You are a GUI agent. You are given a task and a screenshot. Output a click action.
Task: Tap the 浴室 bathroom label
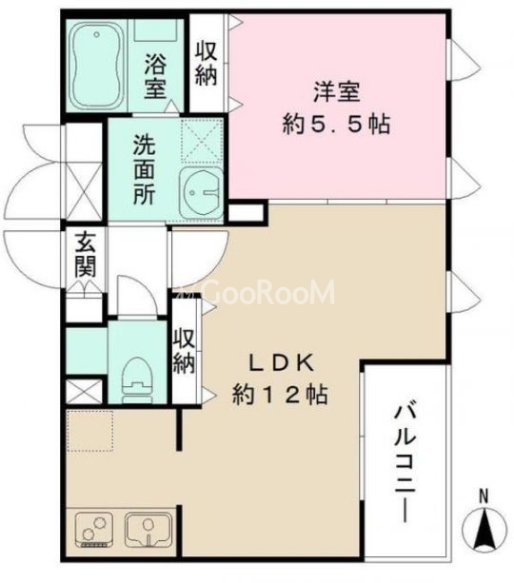point(156,78)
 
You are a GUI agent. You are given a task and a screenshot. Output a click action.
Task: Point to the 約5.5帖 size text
point(337,124)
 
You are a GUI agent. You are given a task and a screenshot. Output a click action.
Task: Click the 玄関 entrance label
point(86,255)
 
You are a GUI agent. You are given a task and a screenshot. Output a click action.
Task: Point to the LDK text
point(282,362)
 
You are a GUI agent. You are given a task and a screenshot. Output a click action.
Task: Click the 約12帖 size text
point(282,394)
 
